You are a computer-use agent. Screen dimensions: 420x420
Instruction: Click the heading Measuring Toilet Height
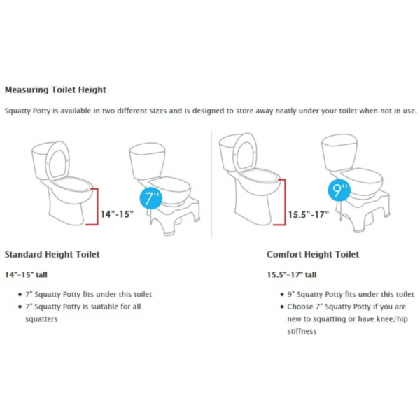point(56,90)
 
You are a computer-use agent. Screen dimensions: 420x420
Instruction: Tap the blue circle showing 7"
point(151,197)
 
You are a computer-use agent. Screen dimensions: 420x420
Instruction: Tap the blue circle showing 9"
point(339,190)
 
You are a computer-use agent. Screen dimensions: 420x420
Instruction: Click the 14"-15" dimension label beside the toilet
point(115,213)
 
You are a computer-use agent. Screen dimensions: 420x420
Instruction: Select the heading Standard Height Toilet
point(52,254)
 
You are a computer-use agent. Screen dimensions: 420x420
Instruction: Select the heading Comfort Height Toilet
point(313,254)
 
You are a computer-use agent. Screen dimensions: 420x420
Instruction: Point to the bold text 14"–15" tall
point(26,275)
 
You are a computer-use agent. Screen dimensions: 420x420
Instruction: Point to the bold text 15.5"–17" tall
point(291,275)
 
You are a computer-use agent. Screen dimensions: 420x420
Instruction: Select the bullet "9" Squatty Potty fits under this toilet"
point(351,294)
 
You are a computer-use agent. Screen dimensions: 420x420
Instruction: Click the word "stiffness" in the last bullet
point(302,331)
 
